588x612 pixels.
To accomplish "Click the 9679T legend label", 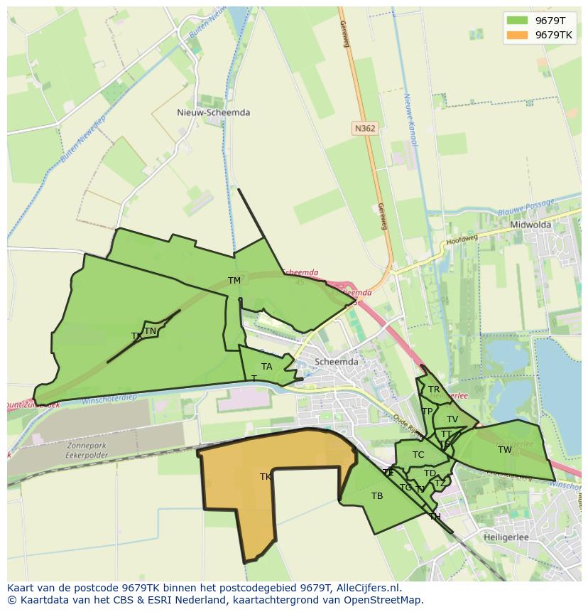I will pyautogui.click(x=550, y=21).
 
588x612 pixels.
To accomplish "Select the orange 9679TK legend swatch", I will pyautogui.click(x=518, y=35).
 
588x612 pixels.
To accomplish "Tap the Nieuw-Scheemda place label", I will pyautogui.click(x=213, y=112).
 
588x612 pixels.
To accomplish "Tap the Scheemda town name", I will pyautogui.click(x=336, y=361).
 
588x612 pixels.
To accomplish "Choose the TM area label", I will pyautogui.click(x=234, y=281).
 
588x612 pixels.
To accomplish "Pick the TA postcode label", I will pyautogui.click(x=266, y=367).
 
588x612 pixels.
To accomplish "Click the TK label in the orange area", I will pyautogui.click(x=266, y=477).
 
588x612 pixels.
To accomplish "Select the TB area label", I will pyautogui.click(x=377, y=496).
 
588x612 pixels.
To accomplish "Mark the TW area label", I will pyautogui.click(x=504, y=450).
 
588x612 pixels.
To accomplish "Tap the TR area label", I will pyautogui.click(x=433, y=390).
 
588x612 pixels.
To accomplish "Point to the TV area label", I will pyautogui.click(x=452, y=419).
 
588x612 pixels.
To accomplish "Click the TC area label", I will pyautogui.click(x=418, y=455).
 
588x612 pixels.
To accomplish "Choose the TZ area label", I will pyautogui.click(x=440, y=484).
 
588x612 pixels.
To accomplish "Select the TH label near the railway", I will pyautogui.click(x=435, y=517).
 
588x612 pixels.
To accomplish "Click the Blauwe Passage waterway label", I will pyautogui.click(x=526, y=208).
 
